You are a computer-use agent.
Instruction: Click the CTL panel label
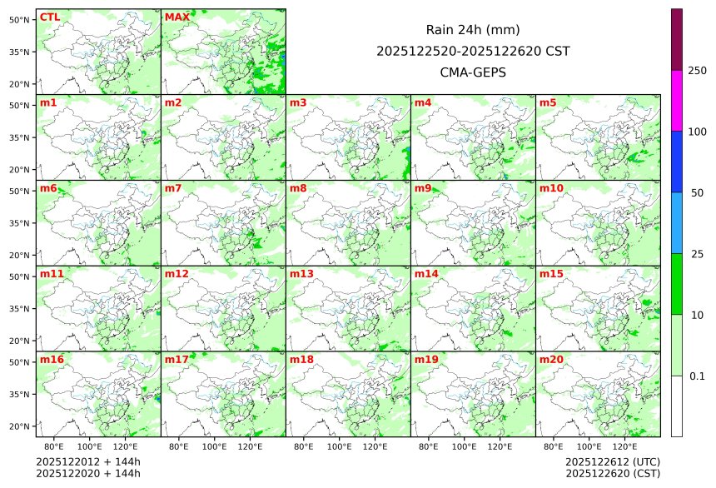tap(49, 17)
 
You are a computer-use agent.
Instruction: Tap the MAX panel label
tap(177, 17)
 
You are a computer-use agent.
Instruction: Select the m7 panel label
tap(173, 188)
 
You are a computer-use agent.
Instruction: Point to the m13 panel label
tap(301, 274)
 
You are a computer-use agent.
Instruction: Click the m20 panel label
tap(551, 360)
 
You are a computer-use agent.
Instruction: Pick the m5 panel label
tap(548, 102)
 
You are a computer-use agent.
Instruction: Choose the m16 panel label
tap(52, 360)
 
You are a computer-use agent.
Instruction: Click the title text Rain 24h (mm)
tap(473, 30)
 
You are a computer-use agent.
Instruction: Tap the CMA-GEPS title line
tap(473, 72)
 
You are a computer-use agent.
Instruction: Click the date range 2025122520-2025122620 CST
tap(473, 51)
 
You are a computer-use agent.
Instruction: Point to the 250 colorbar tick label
tap(697, 70)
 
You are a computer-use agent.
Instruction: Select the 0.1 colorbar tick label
tap(697, 376)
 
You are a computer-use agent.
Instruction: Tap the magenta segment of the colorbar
tap(677, 100)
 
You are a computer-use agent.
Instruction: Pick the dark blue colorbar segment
tap(677, 162)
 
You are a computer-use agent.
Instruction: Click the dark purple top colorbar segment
tap(677, 39)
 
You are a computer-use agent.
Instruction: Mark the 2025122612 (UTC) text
tap(612, 461)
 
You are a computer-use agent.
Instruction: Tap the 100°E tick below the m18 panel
tap(340, 446)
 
